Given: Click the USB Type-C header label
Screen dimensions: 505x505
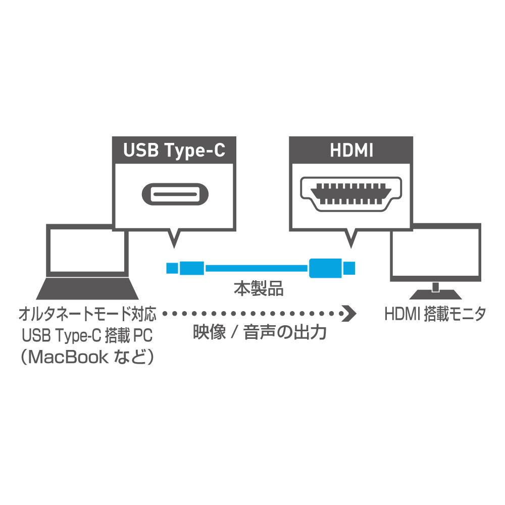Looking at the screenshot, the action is tap(174, 150).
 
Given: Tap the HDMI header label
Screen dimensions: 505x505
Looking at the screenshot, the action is tap(351, 150).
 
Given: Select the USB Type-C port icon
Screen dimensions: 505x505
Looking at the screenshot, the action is tap(175, 194).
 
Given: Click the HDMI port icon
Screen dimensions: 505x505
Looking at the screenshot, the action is tap(351, 194).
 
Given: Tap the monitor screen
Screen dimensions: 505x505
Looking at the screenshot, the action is tap(435, 252).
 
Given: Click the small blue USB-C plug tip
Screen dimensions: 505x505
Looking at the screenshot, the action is tap(172, 268).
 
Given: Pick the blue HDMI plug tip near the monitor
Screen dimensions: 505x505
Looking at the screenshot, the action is tap(349, 268).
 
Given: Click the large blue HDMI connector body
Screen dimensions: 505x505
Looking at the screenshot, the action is tap(325, 268).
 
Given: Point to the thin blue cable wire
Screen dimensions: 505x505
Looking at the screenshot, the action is tap(257, 268).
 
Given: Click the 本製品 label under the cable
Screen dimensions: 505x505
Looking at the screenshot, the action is tap(259, 288).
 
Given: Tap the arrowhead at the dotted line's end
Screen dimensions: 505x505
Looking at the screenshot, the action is tap(349, 313).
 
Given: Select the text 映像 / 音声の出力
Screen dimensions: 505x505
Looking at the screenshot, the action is tap(260, 332).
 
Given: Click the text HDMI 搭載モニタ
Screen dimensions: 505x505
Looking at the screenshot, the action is tap(435, 314).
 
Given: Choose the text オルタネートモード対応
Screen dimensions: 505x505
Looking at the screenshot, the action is tap(87, 314).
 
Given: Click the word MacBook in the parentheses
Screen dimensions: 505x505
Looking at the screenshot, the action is tap(68, 357).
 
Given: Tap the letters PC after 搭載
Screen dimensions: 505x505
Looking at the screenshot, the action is tap(142, 335).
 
